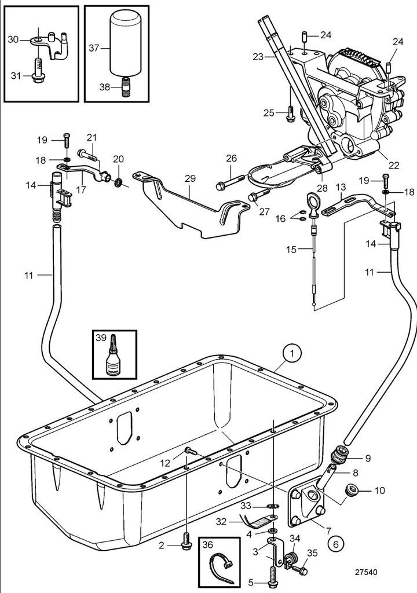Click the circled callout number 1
pos(292,354)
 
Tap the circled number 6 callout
pos(336,544)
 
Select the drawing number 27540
pos(365,573)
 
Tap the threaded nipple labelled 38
pos(126,87)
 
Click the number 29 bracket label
pos(190,178)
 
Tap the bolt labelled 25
pos(290,114)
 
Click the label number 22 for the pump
pos(394,165)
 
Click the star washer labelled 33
pos(272,506)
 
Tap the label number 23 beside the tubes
pos(258,57)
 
